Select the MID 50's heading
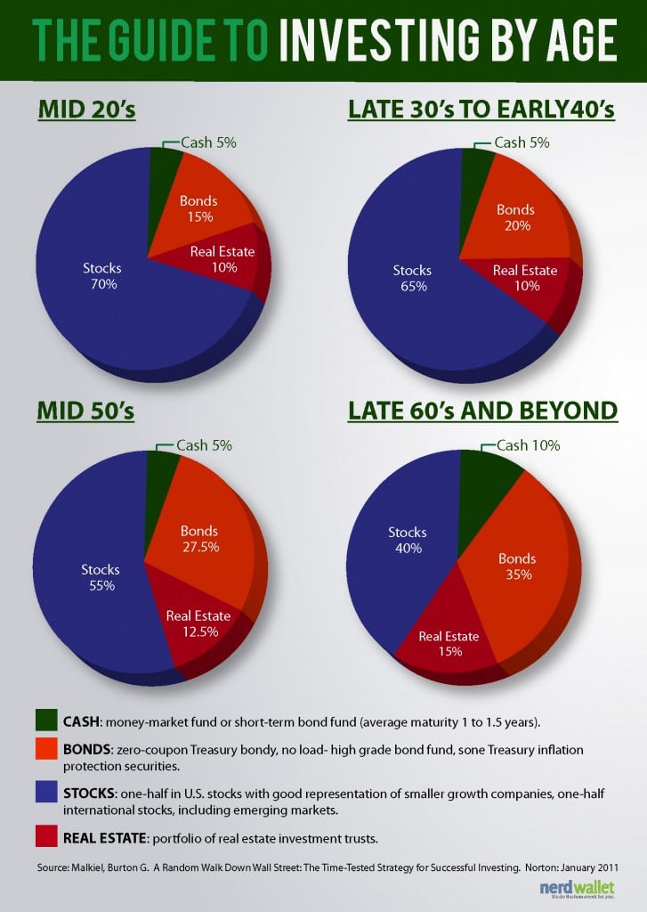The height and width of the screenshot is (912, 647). [85, 411]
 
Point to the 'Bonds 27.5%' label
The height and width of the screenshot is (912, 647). [200, 541]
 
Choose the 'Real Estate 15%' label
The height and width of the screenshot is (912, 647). [449, 643]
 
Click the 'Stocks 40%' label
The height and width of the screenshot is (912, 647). [408, 541]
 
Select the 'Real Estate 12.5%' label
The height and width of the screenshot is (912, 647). [199, 623]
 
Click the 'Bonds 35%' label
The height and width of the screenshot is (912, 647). [517, 566]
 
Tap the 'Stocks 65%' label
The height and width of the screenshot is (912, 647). [414, 278]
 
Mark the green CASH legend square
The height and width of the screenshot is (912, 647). [45, 719]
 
